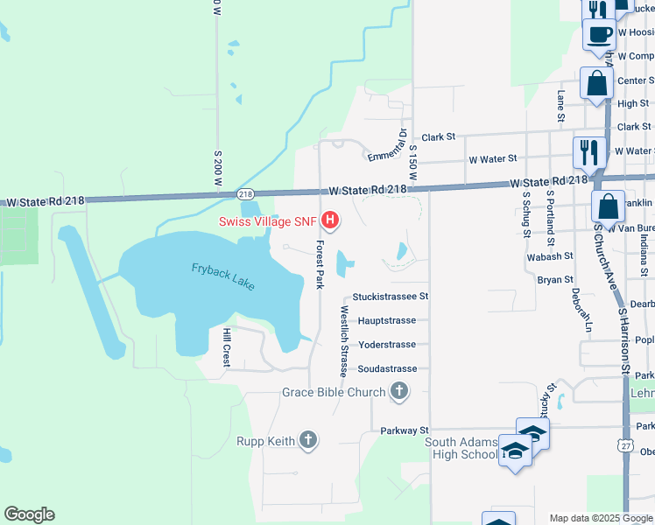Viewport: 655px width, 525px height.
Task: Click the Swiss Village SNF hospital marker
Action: pos(331,220)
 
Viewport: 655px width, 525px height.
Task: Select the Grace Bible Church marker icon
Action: pos(399,391)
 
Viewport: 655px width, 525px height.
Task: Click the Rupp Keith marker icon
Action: pos(307,440)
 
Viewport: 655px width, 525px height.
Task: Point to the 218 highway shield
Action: pos(245,193)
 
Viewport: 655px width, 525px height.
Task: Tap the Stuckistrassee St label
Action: pos(390,297)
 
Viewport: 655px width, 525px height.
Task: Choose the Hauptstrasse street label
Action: pos(387,321)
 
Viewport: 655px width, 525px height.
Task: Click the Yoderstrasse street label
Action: pos(387,345)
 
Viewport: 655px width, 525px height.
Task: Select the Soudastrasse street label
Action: pos(388,369)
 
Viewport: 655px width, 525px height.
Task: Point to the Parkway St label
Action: pos(405,430)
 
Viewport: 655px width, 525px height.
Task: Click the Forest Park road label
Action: pos(321,264)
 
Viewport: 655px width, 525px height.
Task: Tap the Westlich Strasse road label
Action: pos(345,340)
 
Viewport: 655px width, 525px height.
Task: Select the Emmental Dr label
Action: pos(386,145)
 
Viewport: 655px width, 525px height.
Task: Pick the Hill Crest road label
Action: pos(226,346)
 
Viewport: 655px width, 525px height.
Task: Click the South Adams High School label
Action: pos(461,448)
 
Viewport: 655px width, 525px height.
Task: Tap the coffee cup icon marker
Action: pos(599,35)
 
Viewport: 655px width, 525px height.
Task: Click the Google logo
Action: pos(29,514)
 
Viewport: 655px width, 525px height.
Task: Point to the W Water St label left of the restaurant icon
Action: pos(492,160)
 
